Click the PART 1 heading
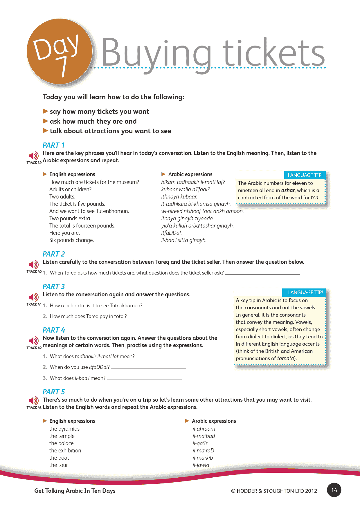point(54,145)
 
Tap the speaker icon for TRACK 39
point(34,156)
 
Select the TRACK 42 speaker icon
point(34,341)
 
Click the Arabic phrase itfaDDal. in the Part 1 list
point(171,233)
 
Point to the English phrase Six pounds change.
point(71,240)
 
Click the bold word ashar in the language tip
point(288,190)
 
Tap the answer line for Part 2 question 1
point(262,273)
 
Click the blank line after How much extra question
point(181,306)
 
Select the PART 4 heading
point(54,330)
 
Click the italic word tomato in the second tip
point(285,358)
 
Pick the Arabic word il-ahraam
point(204,429)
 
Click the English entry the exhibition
point(65,451)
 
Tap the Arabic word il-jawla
point(201,465)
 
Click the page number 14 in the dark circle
point(334,490)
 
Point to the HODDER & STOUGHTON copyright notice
point(274,491)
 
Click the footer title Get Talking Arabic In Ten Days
point(75,491)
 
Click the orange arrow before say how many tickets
point(46,111)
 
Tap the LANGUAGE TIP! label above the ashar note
point(305,175)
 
